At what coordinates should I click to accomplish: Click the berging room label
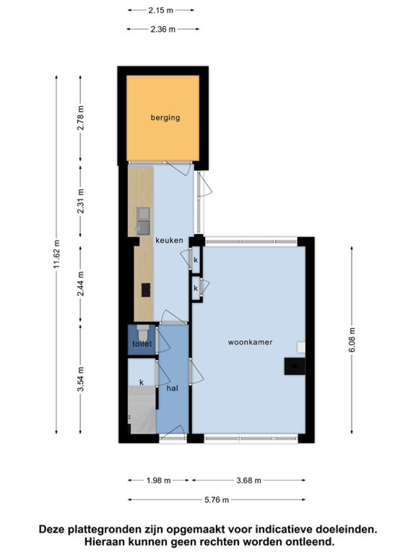click(165, 118)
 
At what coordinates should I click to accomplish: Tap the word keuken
click(169, 240)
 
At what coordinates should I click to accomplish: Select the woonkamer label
click(250, 342)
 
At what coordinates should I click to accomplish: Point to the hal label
click(172, 388)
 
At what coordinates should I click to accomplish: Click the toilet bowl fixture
click(143, 333)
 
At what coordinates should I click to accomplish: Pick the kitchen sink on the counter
click(143, 221)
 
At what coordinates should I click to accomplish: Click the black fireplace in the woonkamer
click(295, 366)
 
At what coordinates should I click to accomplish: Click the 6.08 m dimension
click(352, 340)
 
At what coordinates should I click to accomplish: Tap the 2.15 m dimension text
click(161, 10)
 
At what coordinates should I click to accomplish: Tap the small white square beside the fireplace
click(301, 347)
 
